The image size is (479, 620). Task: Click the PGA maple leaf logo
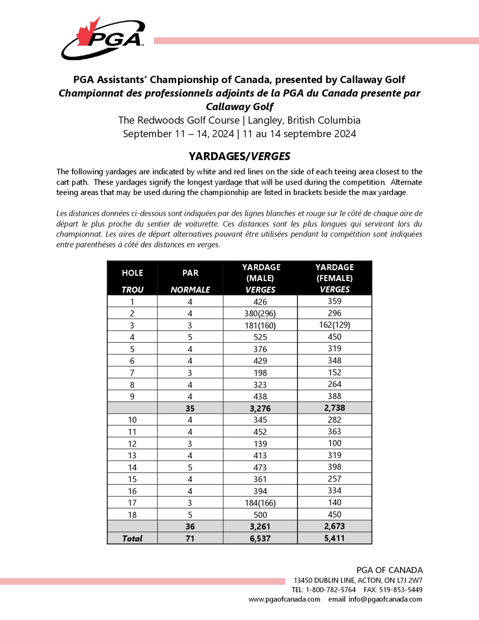(x=103, y=38)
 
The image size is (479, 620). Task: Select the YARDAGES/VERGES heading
(x=239, y=156)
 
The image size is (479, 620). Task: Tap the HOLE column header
(x=132, y=273)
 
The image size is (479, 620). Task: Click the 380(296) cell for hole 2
(x=260, y=313)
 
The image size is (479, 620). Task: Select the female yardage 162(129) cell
(x=335, y=325)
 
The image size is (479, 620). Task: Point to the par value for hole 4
(x=190, y=337)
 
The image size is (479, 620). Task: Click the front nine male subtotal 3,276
(x=260, y=408)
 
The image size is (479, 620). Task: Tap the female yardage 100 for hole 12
(x=335, y=443)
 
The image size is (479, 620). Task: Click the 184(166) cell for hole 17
(x=260, y=503)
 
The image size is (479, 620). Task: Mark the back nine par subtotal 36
(x=190, y=526)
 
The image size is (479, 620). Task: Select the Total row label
(x=132, y=538)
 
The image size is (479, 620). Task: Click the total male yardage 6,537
(x=260, y=538)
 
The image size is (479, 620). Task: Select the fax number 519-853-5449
(x=401, y=590)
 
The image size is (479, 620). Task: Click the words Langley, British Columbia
(x=304, y=120)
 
